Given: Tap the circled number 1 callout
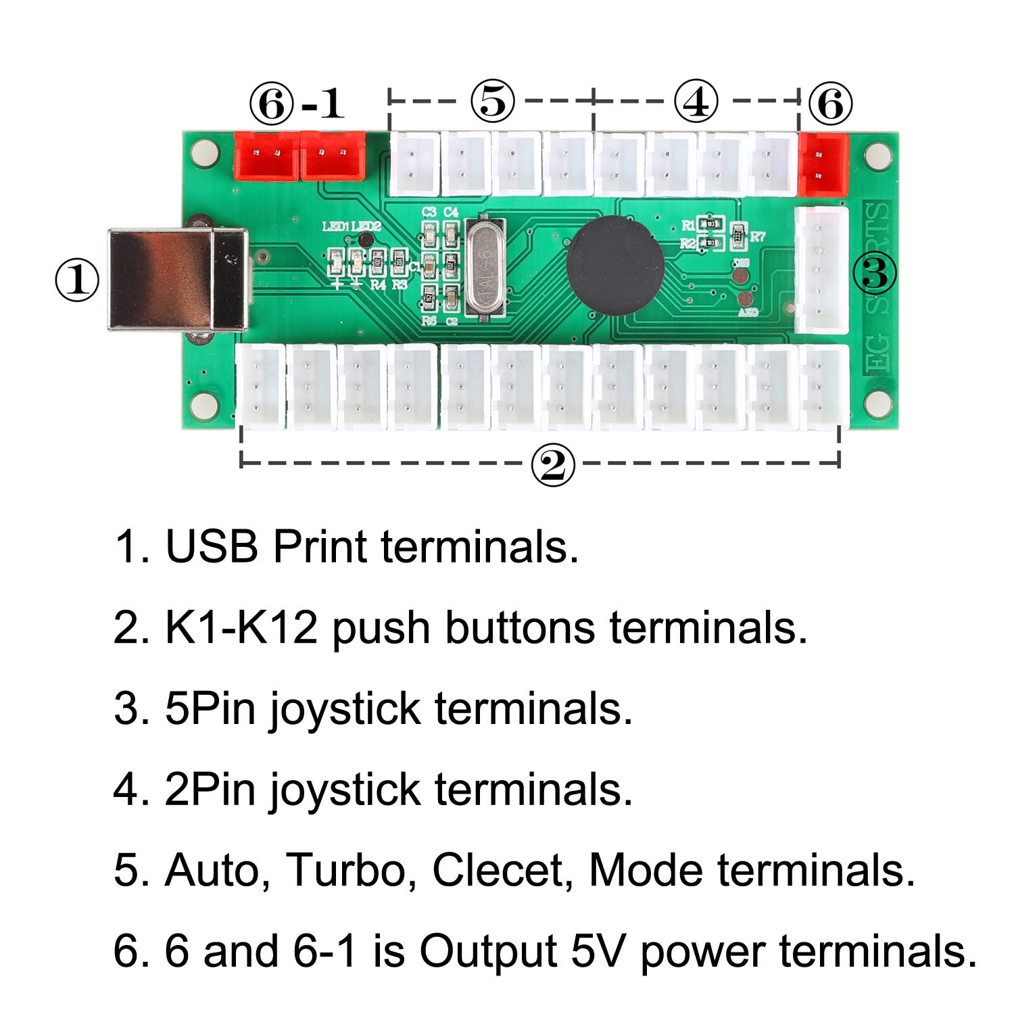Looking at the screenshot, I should click(76, 281).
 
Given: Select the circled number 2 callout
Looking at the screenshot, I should click(553, 466).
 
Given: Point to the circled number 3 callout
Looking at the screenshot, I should click(875, 273).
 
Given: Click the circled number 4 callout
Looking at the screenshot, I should click(696, 102).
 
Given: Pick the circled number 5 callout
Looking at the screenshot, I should click(493, 102).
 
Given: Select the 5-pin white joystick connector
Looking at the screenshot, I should click(821, 270).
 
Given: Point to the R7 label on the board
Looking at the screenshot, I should click(758, 237).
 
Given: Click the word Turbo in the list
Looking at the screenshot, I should click(345, 870).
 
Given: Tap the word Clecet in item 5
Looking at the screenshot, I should click(498, 870).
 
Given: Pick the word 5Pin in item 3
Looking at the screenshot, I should click(210, 709).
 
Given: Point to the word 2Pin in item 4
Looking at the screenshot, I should click(210, 790).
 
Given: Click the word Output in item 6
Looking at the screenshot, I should click(488, 952).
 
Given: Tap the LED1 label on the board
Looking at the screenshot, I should click(335, 227).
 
